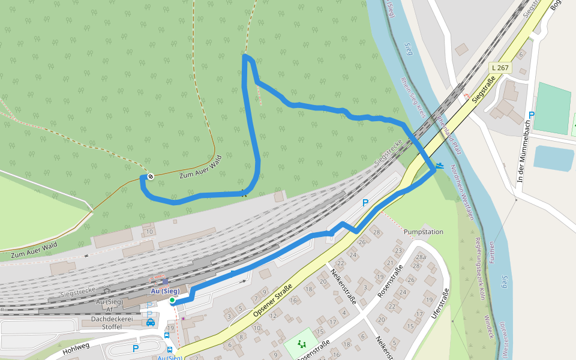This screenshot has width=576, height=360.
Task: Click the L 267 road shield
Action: [x=499, y=68]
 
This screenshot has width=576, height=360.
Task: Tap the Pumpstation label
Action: [x=424, y=231]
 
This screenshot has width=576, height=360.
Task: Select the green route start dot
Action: [x=172, y=300]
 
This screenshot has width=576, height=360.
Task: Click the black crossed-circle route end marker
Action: [x=151, y=176]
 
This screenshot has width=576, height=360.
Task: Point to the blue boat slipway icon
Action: [x=441, y=165]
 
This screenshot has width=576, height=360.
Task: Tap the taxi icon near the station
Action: [x=151, y=322]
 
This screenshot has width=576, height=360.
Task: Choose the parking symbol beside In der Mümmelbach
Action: [x=531, y=115]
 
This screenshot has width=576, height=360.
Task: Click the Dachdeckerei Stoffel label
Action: [x=106, y=323]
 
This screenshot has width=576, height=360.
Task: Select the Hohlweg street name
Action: [x=75, y=347]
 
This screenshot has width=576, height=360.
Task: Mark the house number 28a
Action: [x=420, y=257]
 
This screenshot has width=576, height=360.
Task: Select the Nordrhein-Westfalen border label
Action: [x=463, y=192]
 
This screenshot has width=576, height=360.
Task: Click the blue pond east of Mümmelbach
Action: [x=553, y=158]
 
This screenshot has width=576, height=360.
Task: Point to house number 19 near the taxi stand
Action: [x=170, y=328]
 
